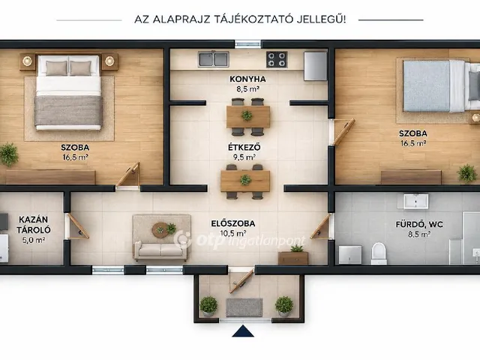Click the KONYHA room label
click(247, 79)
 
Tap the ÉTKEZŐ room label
click(244, 147)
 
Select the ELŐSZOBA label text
click(233, 223)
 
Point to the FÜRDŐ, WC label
click(419, 224)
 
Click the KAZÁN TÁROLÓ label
click(33, 225)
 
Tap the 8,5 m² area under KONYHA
click(247, 89)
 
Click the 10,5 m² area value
click(233, 233)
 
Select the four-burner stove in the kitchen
click(277, 59)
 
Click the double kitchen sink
click(213, 59)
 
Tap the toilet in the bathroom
click(379, 253)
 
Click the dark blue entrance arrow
click(243, 331)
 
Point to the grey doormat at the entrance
click(244, 307)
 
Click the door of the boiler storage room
click(77, 226)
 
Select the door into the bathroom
click(322, 226)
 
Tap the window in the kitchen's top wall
click(247, 43)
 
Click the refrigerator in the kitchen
click(315, 66)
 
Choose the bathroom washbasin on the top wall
click(415, 201)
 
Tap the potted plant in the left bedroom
click(8, 154)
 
